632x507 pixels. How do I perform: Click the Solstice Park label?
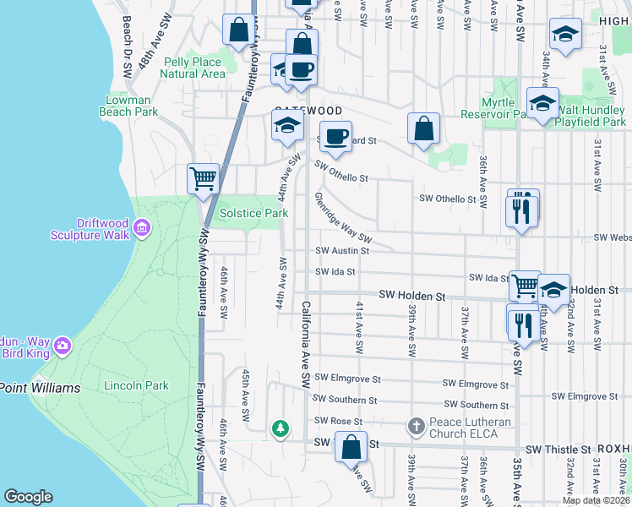(x=254, y=214)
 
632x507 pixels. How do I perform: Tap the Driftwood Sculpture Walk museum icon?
(x=141, y=227)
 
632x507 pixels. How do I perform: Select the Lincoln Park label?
(x=136, y=386)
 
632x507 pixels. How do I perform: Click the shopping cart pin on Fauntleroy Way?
(x=203, y=179)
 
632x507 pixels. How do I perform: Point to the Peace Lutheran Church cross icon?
(x=415, y=427)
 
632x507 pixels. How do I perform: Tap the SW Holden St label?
(x=411, y=296)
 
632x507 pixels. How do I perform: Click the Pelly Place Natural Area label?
(x=193, y=68)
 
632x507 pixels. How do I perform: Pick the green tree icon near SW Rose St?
(x=280, y=429)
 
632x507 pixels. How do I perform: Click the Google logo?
(x=28, y=497)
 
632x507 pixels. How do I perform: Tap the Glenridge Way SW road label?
(x=343, y=217)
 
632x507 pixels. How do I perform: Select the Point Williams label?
(x=40, y=388)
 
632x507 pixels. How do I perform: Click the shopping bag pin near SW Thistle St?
(x=351, y=446)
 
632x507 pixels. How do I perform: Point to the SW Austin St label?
(x=338, y=251)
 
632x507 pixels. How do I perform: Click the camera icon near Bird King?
(x=62, y=345)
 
